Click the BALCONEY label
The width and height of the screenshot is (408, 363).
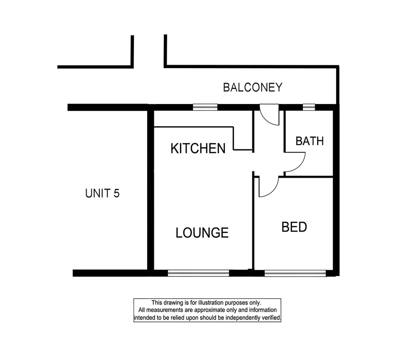click(x=253, y=87)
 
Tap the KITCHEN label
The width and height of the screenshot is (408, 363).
click(x=197, y=149)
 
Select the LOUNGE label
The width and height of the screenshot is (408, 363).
click(x=202, y=233)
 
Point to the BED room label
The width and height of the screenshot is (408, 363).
click(x=294, y=227)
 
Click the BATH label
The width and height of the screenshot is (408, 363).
click(x=310, y=141)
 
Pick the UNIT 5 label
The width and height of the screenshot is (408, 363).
click(x=102, y=193)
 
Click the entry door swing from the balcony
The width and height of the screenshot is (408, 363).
click(x=268, y=117)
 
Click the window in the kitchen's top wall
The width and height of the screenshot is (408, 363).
click(x=205, y=107)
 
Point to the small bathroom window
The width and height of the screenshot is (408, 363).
click(x=309, y=107)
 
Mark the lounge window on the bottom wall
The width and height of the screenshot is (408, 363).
click(x=198, y=273)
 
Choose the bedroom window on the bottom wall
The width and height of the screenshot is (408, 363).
click(x=295, y=273)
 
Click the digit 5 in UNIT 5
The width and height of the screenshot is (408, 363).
click(x=116, y=193)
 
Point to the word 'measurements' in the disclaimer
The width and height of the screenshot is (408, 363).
click(x=162, y=310)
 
